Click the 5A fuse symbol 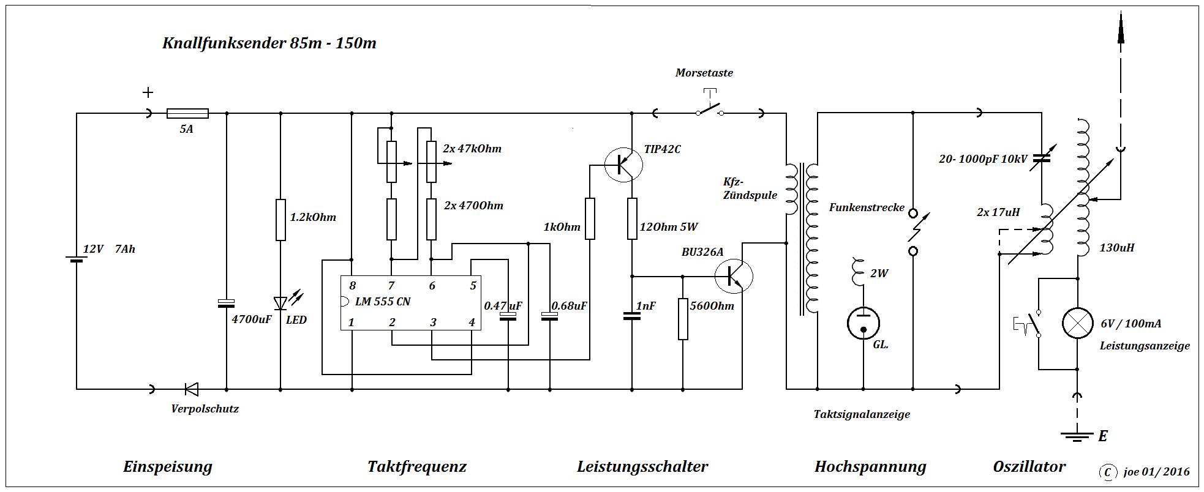[x=187, y=113]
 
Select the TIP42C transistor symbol [x=623, y=165]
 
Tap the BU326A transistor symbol [x=734, y=277]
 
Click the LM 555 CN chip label [x=383, y=302]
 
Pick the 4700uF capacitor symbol [x=227, y=303]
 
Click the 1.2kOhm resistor [x=280, y=220]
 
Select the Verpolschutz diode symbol [x=192, y=389]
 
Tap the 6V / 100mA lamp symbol [x=1077, y=323]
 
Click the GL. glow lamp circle [x=863, y=322]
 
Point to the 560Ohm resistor [x=683, y=319]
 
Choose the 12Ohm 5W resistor [x=632, y=218]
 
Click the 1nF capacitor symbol [x=632, y=316]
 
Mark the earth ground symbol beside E [x=1077, y=436]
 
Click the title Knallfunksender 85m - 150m [x=269, y=43]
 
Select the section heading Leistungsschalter [x=642, y=467]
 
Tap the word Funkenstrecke [x=867, y=207]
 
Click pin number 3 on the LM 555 [x=433, y=322]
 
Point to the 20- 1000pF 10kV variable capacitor [x=1041, y=158]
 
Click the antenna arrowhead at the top [x=1121, y=28]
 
